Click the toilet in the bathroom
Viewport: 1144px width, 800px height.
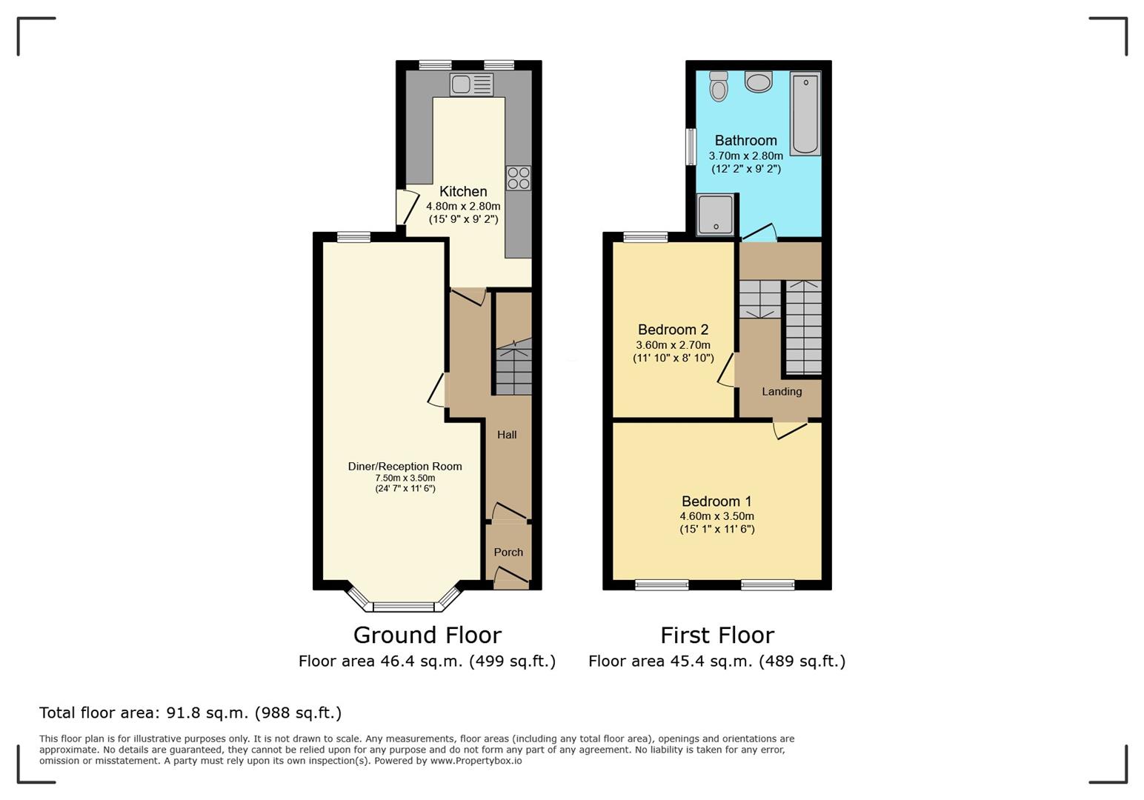tap(719, 86)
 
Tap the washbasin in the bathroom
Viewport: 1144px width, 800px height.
tap(759, 81)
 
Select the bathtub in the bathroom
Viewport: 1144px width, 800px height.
tap(805, 113)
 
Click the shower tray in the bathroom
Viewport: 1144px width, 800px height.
tap(716, 214)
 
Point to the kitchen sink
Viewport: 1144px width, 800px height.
tap(471, 84)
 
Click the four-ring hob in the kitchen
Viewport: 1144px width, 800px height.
tap(519, 179)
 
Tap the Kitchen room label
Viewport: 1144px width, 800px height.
tap(463, 191)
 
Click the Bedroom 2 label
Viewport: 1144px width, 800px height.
tap(673, 330)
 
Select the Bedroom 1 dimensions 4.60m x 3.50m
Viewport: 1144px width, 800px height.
tap(716, 516)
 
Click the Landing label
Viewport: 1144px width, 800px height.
tap(782, 392)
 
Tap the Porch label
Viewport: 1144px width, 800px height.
tap(508, 553)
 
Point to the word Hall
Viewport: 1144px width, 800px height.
tap(507, 435)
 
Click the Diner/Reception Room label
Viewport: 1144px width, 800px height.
tap(405, 467)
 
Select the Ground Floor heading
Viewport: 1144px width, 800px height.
tap(428, 636)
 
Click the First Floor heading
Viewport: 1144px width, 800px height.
tap(717, 636)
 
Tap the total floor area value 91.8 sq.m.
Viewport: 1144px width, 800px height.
tap(207, 713)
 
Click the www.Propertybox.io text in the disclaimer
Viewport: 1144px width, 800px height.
tap(476, 761)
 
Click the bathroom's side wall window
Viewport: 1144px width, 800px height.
tap(691, 147)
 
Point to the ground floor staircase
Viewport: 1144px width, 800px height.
tap(513, 367)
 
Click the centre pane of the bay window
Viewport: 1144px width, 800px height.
tap(404, 607)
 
